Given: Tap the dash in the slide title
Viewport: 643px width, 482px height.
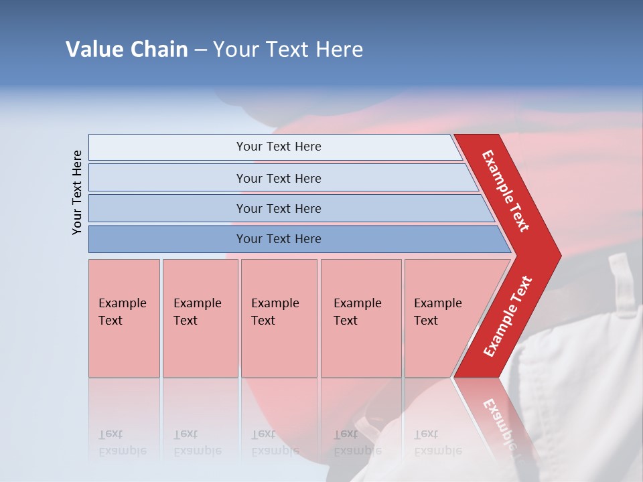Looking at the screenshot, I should click(200, 50).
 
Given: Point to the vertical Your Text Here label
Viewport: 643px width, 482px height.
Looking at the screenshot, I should click(77, 192).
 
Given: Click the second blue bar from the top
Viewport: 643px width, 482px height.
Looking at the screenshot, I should click(278, 178).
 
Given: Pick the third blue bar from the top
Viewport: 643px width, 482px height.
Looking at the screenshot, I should click(278, 208).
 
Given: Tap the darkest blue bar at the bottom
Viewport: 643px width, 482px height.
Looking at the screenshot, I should click(278, 239).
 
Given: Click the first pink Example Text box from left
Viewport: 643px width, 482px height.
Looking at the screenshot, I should click(124, 318).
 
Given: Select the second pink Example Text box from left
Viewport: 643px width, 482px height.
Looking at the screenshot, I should click(200, 318).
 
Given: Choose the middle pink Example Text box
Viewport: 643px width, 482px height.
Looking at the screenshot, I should click(279, 318).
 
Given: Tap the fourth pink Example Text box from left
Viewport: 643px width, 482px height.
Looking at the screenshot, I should click(361, 318).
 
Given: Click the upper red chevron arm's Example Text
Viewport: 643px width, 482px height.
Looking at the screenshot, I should click(506, 191).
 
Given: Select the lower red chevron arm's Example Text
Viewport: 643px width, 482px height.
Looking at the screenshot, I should click(507, 317).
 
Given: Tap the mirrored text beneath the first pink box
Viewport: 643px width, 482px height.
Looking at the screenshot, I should click(123, 443).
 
